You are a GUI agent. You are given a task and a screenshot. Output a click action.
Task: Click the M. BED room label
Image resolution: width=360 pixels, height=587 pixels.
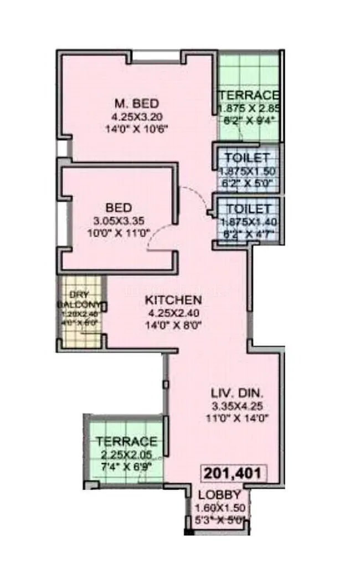(136, 104)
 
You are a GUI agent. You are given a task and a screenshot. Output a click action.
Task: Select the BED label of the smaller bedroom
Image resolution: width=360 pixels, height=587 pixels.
(119, 208)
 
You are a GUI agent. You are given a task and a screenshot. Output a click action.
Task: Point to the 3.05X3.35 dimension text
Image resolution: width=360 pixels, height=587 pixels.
(119, 221)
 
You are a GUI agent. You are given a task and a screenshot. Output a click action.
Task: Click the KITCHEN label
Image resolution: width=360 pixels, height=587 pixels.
(173, 300)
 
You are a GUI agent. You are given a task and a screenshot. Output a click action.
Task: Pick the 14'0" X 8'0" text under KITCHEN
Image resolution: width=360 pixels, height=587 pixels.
(173, 325)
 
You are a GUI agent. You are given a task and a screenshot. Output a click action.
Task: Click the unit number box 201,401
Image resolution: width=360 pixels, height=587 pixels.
(233, 474)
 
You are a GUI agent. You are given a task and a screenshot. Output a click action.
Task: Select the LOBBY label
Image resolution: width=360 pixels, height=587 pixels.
(219, 495)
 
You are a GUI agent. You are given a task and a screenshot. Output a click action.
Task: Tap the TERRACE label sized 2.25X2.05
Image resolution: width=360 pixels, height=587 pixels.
(126, 442)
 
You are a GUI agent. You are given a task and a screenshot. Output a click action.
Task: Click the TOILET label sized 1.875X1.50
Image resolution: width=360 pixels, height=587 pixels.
(248, 157)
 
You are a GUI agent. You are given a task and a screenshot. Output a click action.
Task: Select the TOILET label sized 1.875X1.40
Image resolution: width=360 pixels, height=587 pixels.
(248, 209)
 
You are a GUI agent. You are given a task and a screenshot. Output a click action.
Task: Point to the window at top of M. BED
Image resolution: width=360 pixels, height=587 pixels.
(156, 55)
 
